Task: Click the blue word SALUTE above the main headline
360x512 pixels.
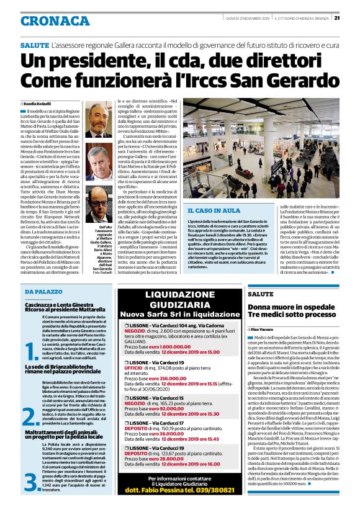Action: point(34,47)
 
